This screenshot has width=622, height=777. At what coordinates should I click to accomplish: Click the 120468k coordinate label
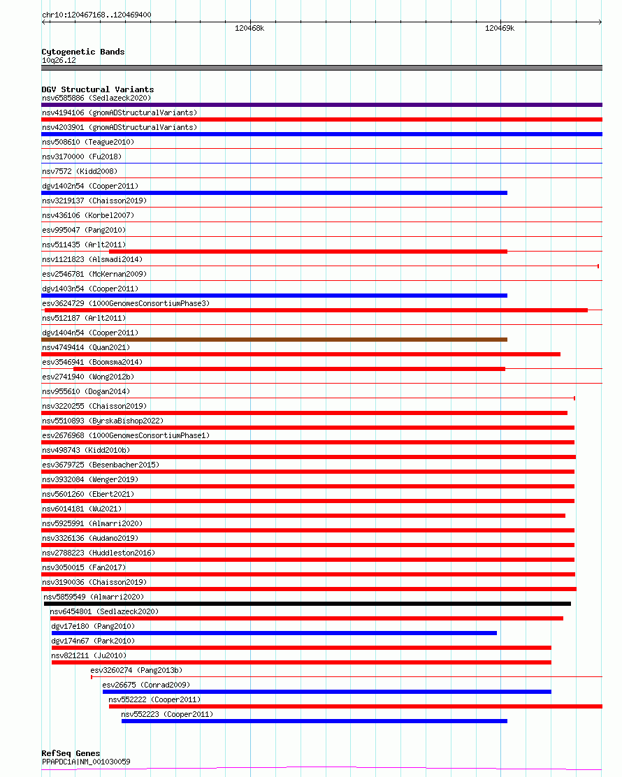[x=249, y=29]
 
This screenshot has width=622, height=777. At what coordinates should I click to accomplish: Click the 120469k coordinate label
[x=500, y=29]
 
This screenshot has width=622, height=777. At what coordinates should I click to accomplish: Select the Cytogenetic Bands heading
[x=83, y=52]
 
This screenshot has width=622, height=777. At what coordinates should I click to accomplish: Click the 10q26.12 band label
[x=59, y=60]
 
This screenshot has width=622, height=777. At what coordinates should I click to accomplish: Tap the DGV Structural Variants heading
[x=98, y=89]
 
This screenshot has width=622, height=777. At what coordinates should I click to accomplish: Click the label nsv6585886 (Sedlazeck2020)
[x=96, y=98]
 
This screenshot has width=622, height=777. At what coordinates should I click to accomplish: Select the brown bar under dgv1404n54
[x=274, y=340]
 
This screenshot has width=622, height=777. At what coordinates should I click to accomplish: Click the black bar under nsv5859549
[x=308, y=604]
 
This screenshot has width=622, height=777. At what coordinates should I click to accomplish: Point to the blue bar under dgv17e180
[x=274, y=633]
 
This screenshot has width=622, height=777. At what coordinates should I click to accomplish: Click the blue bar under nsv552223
[x=314, y=721]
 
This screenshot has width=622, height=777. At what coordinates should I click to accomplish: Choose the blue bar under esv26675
[x=326, y=692]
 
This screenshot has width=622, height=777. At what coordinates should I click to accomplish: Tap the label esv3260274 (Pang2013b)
[x=136, y=670]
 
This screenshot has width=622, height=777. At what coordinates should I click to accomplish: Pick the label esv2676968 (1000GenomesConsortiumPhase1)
[x=126, y=435]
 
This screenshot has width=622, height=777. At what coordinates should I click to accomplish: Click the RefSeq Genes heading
[x=71, y=753]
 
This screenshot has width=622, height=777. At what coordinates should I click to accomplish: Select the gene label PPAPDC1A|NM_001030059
[x=86, y=762]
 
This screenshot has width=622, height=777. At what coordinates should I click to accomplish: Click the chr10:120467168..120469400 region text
[x=96, y=15]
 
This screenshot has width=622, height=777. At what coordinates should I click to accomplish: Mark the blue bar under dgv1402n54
[x=274, y=193]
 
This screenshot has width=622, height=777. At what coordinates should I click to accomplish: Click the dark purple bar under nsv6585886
[x=321, y=105]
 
